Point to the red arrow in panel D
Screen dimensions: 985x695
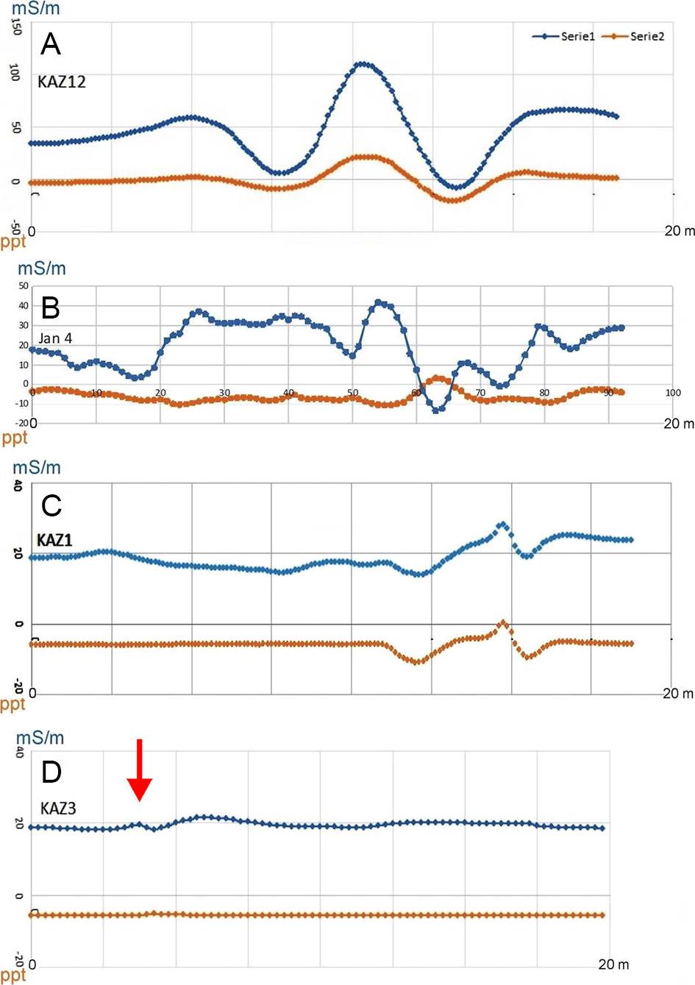point(139,769)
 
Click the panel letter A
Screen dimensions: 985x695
point(50,45)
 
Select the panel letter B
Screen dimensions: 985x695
point(50,307)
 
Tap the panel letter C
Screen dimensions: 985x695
point(51,506)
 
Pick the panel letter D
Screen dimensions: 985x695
point(51,772)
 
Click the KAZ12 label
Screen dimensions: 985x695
point(62,82)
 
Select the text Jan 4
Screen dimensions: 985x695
point(55,338)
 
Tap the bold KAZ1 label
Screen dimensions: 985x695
point(54,541)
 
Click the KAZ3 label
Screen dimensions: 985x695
point(58,808)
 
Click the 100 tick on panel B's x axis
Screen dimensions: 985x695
point(673,393)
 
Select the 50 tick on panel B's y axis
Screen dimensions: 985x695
point(24,286)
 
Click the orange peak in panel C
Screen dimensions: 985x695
point(503,623)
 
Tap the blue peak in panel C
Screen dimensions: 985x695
point(502,524)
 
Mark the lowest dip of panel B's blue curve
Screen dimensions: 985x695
point(438,410)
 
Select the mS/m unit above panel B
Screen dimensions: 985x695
point(41,268)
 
